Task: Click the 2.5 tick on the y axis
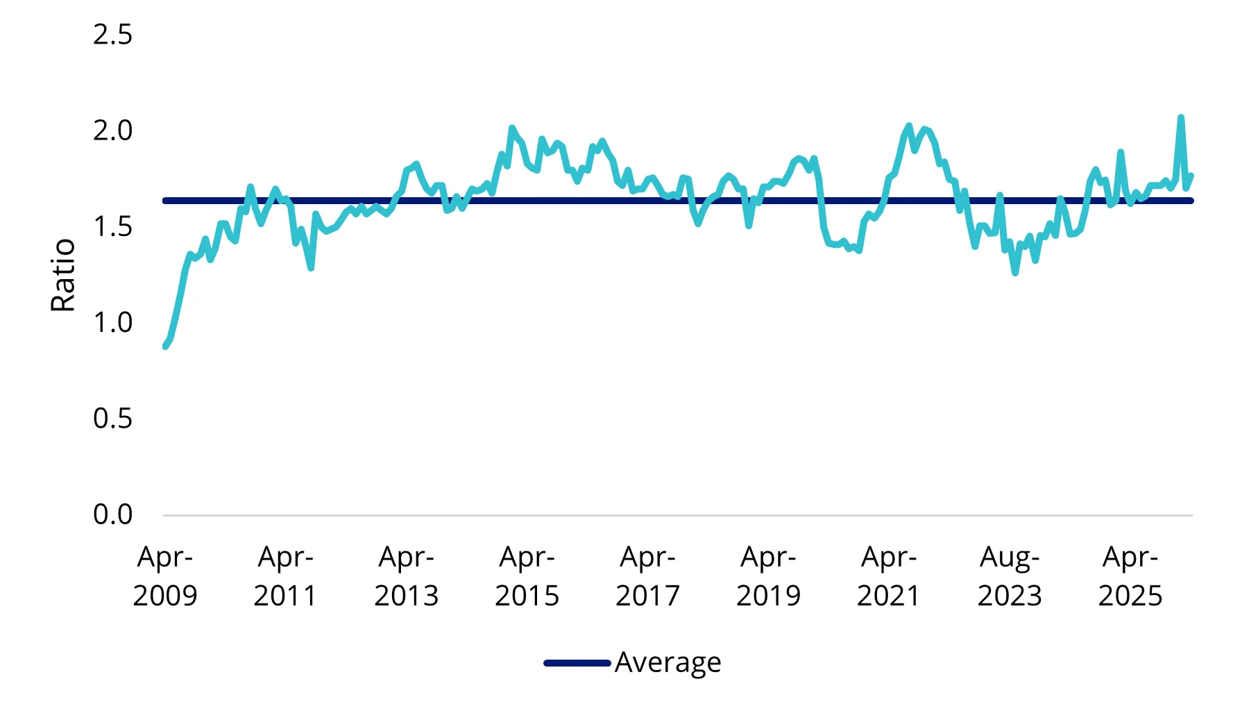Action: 112,35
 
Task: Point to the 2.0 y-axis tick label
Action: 112,131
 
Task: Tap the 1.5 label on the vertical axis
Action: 112,226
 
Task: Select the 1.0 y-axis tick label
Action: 112,322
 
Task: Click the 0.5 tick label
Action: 112,419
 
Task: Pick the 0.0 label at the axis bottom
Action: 112,515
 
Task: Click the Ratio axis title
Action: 63,275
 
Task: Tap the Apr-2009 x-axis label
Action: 165,576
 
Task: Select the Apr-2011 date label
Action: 285,576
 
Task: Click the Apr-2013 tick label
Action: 406,576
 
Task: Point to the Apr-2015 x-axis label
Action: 527,576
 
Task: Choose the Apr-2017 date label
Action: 647,576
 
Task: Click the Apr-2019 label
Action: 768,576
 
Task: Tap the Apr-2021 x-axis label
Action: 889,576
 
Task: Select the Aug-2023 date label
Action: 1010,576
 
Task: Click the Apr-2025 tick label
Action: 1130,576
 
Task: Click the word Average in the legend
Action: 668,663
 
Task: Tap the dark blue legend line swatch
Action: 577,663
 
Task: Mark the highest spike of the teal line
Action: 1181,117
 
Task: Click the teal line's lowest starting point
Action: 165,346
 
